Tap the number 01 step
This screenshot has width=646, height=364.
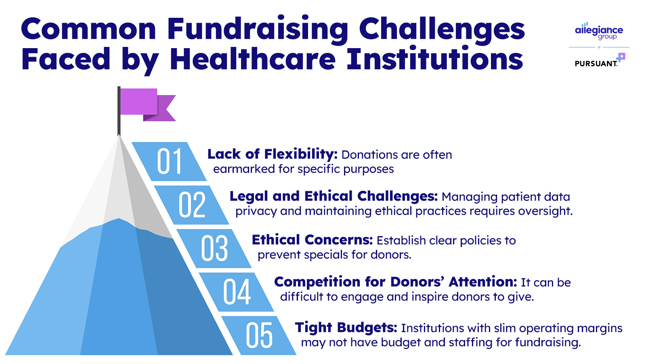point(169,161)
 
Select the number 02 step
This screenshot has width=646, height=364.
point(192,205)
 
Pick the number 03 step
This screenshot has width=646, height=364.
point(214,248)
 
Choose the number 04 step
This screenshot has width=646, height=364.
point(237,292)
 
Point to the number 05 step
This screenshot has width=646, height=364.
point(259,335)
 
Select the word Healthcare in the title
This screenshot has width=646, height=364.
point(253,59)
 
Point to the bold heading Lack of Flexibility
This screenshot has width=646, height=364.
point(272,154)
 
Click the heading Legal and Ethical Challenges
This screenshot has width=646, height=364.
point(333,197)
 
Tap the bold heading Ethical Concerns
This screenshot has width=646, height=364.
point(313,240)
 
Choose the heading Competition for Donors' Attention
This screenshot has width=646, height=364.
point(395,282)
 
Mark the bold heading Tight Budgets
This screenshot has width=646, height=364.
point(346,328)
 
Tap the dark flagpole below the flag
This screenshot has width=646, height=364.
point(119,111)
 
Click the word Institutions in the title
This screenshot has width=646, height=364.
point(435,59)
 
